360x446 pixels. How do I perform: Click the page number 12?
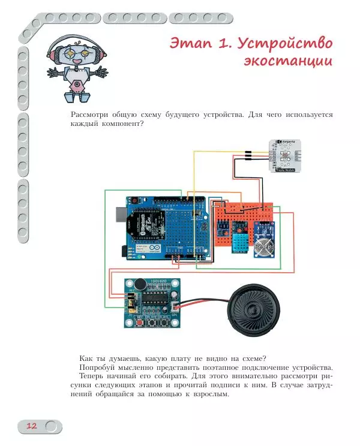[x=31, y=426]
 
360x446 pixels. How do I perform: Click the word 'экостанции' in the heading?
[x=287, y=62]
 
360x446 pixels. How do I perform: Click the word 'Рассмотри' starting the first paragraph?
[x=91, y=114]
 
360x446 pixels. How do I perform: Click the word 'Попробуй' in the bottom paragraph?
[x=97, y=367]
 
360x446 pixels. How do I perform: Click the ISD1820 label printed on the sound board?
[x=162, y=282]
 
